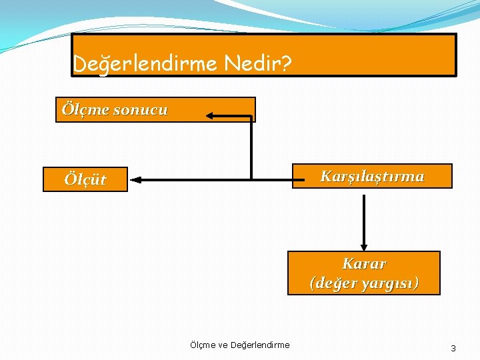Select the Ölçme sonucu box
click(155, 110)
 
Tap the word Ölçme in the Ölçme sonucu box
click(85, 110)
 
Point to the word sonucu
click(141, 110)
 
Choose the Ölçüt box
click(85, 179)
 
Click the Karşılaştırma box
click(372, 176)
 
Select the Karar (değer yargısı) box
click(364, 273)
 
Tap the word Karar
click(364, 263)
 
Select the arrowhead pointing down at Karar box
click(364, 246)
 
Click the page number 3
click(453, 348)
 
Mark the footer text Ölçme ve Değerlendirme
click(239, 345)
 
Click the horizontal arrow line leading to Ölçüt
click(200, 179)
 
